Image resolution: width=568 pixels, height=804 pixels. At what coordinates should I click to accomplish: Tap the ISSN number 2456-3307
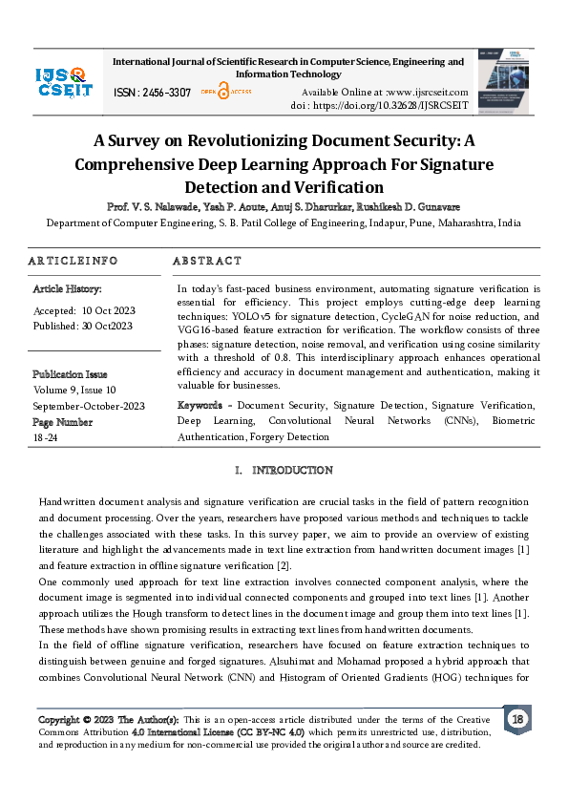[x=152, y=93]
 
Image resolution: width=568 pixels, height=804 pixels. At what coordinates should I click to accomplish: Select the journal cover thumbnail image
[x=505, y=81]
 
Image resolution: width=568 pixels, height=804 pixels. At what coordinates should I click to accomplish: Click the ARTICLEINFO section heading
[x=73, y=261]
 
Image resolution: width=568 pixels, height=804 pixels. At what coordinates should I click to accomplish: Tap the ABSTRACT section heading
[x=207, y=261]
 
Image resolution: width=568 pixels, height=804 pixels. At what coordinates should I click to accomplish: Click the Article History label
[x=67, y=288]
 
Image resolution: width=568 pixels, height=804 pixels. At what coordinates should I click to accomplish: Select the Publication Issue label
[x=70, y=374]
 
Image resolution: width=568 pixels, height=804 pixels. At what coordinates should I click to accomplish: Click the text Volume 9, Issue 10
[x=74, y=390]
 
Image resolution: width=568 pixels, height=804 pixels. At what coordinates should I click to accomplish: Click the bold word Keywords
[x=200, y=406]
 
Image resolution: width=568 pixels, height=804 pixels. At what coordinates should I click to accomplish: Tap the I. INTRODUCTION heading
[x=284, y=471]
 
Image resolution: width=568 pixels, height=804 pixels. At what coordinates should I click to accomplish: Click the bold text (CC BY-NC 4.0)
[x=264, y=730]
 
